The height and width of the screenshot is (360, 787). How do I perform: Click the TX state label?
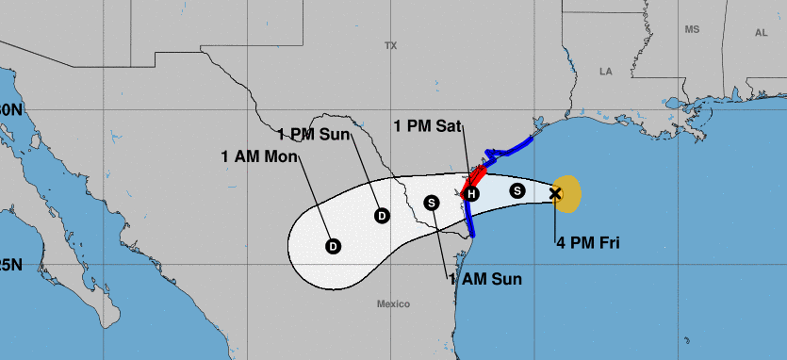[x=391, y=45]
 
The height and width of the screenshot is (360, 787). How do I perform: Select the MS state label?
[x=693, y=30]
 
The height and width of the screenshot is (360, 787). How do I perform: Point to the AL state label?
[x=762, y=32]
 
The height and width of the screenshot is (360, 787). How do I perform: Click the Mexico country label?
[x=393, y=303]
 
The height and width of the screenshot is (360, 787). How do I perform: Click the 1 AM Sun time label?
[x=484, y=279]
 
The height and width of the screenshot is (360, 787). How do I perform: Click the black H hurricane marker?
[x=472, y=194]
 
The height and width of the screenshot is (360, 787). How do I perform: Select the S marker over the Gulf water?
[x=516, y=190]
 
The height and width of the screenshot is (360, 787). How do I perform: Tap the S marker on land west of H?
[x=432, y=202]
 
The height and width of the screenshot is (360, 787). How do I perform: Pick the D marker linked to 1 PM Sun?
[x=382, y=215]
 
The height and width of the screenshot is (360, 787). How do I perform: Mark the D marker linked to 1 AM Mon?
[x=333, y=246]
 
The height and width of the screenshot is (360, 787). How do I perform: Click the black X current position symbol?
[x=555, y=194]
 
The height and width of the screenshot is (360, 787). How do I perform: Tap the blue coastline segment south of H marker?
[x=469, y=219]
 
